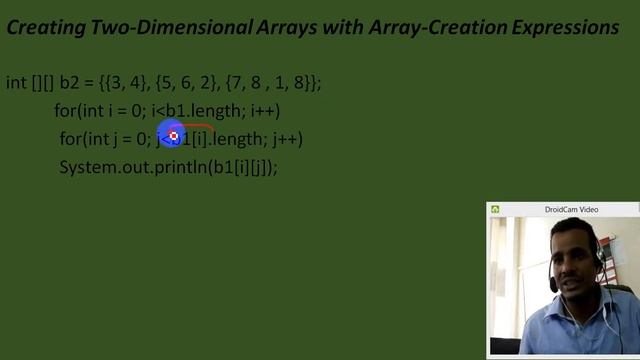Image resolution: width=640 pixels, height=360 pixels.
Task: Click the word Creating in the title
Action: (x=42, y=28)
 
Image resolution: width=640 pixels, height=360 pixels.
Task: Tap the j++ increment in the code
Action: (x=287, y=139)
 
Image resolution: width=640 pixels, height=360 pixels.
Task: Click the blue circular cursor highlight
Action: (x=174, y=135)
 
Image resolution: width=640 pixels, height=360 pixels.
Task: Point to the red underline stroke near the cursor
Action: (x=200, y=127)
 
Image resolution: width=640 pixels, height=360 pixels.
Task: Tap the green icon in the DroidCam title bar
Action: (x=495, y=209)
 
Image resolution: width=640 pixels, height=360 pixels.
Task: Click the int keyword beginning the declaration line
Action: (x=16, y=83)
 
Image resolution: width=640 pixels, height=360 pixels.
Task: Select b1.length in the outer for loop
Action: (x=196, y=111)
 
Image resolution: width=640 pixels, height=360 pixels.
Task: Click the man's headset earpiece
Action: (x=598, y=263)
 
